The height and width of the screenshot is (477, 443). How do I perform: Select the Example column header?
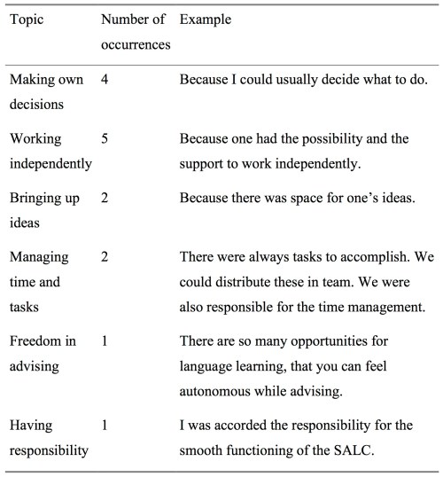click(205, 20)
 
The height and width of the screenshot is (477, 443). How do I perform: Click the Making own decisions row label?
click(46, 92)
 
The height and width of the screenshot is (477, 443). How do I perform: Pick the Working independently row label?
click(50, 151)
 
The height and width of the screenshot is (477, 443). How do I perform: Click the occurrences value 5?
click(105, 139)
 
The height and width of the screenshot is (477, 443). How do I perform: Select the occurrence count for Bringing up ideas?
click(105, 197)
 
